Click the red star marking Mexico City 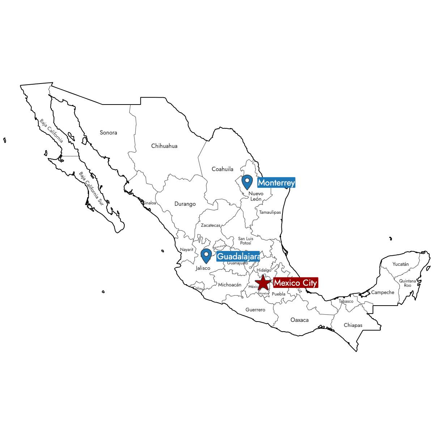263,283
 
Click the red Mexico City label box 295,283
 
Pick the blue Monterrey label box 276,183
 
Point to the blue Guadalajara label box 238,256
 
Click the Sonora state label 109,133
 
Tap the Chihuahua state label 164,146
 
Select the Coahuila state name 222,169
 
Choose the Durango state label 185,204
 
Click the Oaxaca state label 299,320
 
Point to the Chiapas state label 353,325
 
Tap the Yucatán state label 401,264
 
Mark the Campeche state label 383,292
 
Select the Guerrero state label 255,310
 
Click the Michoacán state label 230,285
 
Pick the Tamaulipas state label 270,212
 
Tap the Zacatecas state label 210,225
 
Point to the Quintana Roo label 408,283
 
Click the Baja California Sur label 91,189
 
